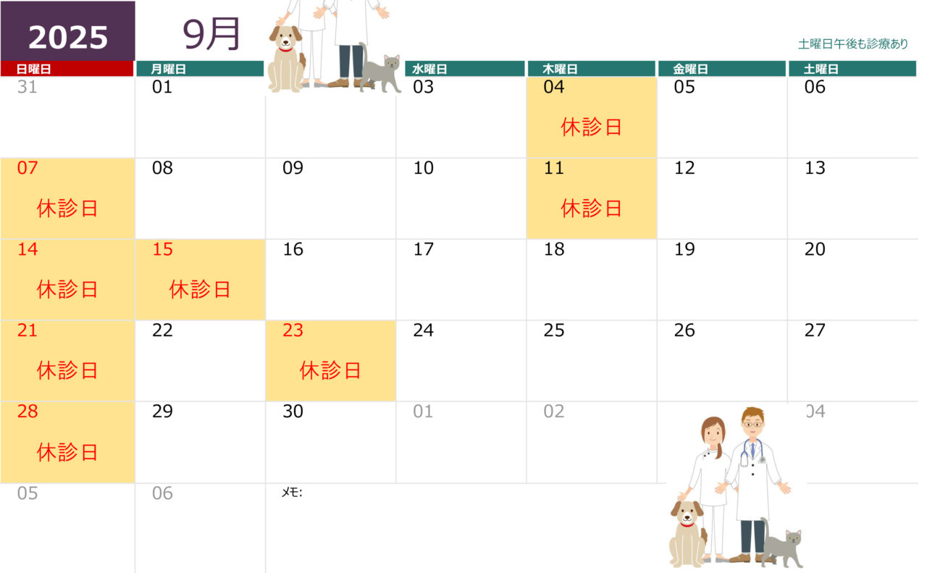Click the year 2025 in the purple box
click(68, 37)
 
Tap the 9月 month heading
click(211, 34)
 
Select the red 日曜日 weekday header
click(67, 69)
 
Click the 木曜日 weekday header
click(592, 69)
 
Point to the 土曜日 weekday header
click(852, 69)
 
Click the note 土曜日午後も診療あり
click(853, 43)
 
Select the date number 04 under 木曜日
click(554, 87)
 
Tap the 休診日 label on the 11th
click(591, 208)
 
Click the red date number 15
click(162, 249)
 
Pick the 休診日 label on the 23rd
click(330, 370)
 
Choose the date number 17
click(424, 249)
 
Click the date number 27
click(815, 330)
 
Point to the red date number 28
click(28, 411)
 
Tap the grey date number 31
click(28, 87)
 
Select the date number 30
click(293, 411)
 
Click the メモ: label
click(292, 493)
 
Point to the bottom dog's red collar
click(687, 524)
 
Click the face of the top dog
click(285, 38)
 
